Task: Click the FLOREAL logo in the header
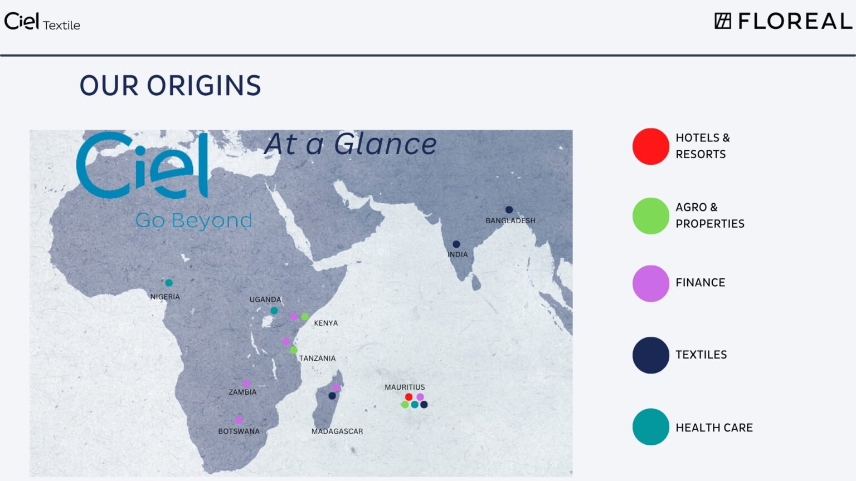784,21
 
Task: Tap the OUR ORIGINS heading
171,85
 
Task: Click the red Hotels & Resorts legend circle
650,146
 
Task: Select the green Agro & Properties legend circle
650,215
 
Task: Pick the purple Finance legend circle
650,283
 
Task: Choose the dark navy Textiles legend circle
650,355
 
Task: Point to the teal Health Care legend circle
650,427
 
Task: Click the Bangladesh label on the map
510,220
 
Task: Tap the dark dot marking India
456,244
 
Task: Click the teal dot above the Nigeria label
168,283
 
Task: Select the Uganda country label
265,300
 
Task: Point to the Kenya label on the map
326,323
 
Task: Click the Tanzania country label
317,358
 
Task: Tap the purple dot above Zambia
246,383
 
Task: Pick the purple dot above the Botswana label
239,420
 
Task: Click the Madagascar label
337,431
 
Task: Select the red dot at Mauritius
408,397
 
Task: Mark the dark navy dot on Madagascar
332,396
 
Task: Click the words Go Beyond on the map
194,220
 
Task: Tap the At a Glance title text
351,144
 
